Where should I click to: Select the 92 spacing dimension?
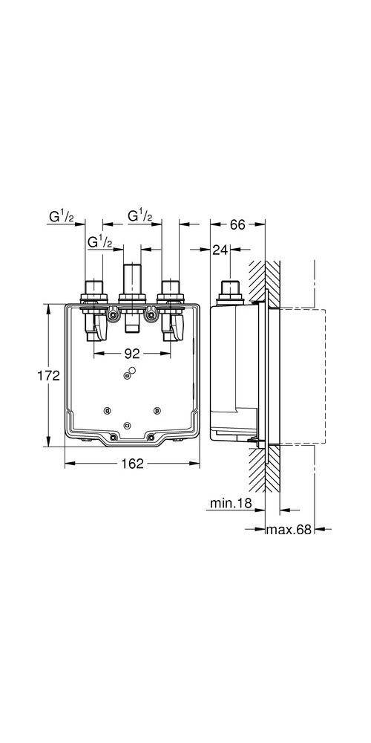(133, 354)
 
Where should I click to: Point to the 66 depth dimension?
(237, 224)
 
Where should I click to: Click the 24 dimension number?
(220, 250)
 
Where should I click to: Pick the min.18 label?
(230, 504)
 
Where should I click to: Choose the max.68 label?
(289, 530)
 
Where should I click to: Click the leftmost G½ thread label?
(61, 216)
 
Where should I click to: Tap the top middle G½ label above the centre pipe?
(139, 216)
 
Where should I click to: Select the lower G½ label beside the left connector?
(99, 242)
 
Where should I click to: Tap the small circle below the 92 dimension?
(132, 371)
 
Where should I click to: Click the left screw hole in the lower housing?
(108, 411)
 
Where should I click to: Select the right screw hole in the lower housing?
(156, 411)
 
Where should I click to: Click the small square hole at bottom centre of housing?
(128, 425)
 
